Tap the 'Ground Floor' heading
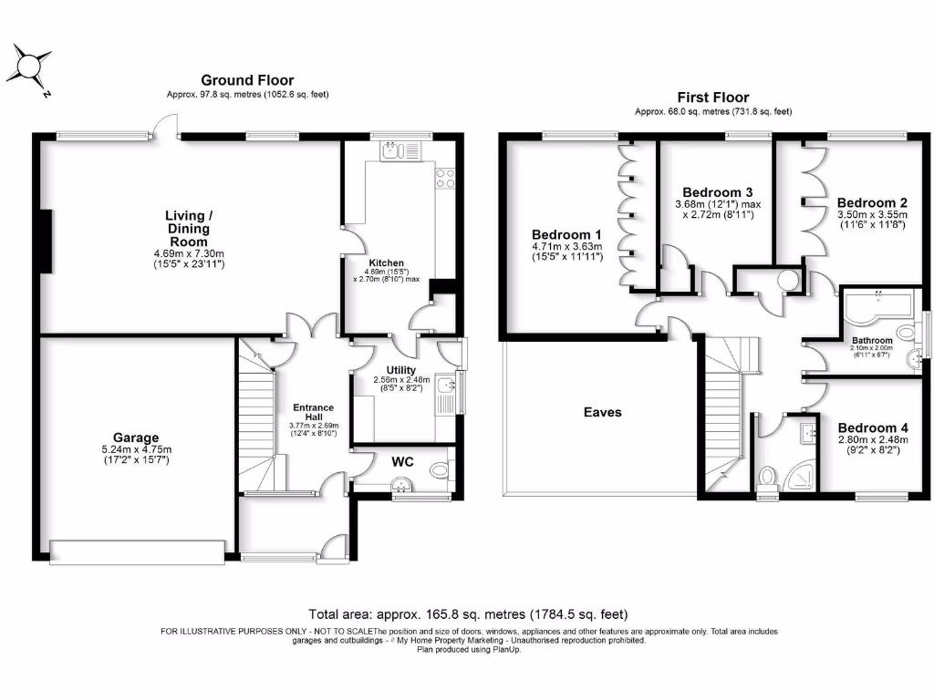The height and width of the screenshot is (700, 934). tap(247, 81)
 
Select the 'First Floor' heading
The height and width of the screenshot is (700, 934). tap(712, 98)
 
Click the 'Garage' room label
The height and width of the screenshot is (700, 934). tap(136, 437)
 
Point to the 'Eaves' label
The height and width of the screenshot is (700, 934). tap(602, 412)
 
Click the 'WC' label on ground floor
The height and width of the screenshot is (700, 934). tap(402, 462)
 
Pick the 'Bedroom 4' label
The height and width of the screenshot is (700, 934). tap(873, 427)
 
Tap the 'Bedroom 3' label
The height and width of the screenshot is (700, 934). tap(717, 192)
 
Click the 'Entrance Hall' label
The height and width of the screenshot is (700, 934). tap(313, 413)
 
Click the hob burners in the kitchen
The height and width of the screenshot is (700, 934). tap(445, 178)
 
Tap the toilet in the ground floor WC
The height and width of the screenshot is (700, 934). tap(440, 470)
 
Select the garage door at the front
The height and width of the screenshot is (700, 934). tap(137, 550)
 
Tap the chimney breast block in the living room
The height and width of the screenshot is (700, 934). tap(45, 240)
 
